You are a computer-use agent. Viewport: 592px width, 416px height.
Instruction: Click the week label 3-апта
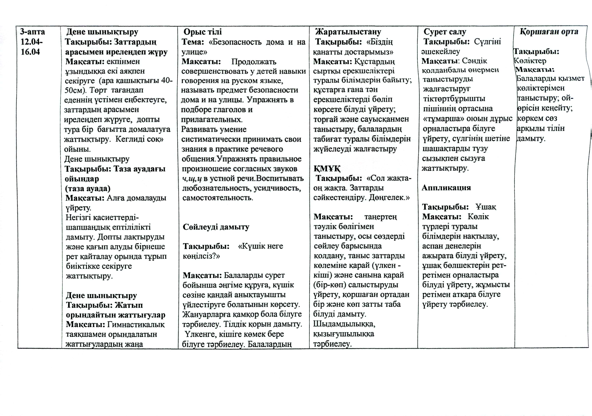click(32, 32)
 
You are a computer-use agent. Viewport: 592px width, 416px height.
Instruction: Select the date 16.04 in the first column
click(30, 52)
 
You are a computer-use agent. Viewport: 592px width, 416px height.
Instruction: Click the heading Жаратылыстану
click(348, 32)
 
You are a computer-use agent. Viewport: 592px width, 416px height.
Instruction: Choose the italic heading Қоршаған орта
click(549, 31)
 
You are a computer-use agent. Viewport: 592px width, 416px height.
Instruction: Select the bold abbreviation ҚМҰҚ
click(327, 169)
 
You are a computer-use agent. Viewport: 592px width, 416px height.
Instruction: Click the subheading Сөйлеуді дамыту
click(216, 227)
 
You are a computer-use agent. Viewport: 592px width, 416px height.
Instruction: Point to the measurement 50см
click(75, 90)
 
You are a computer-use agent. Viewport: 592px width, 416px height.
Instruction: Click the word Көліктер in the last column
click(530, 61)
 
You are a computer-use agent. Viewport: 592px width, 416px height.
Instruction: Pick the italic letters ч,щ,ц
click(192, 178)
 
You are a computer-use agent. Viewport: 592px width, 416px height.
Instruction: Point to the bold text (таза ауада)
click(88, 188)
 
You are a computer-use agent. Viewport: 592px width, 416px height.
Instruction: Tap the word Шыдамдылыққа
click(344, 324)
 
